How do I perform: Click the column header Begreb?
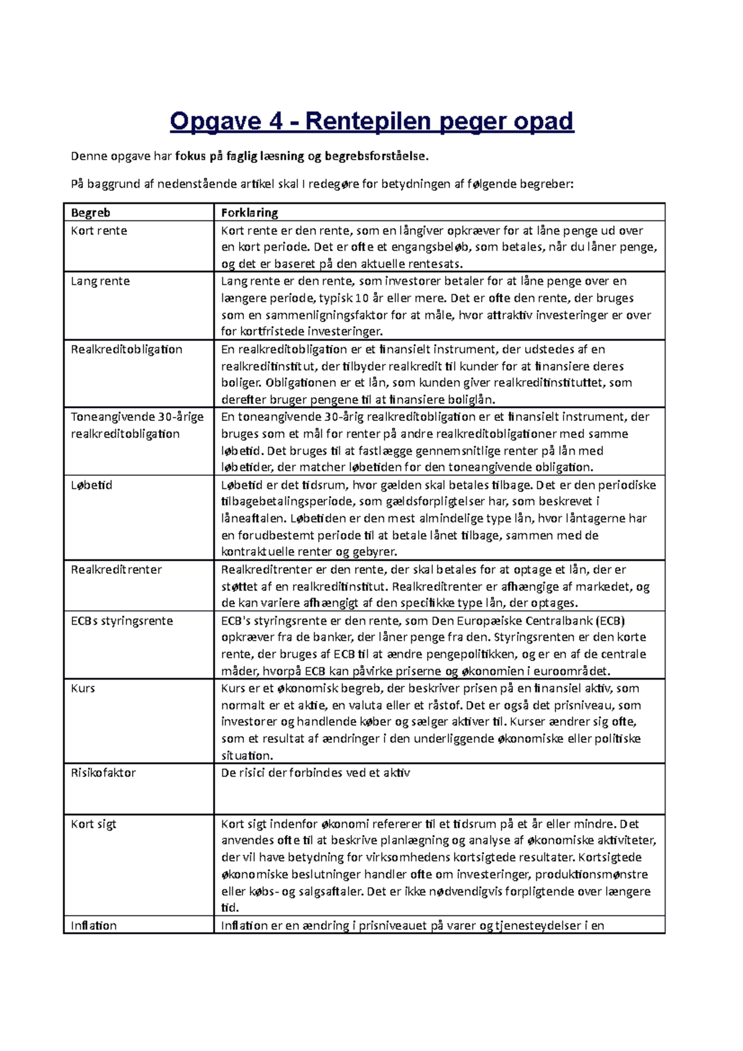pyautogui.click(x=90, y=213)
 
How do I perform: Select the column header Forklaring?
pyautogui.click(x=250, y=213)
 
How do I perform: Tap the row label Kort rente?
pyautogui.click(x=99, y=231)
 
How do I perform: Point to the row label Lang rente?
pyautogui.click(x=100, y=282)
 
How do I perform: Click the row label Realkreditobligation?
pyautogui.click(x=126, y=350)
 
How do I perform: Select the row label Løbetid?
pyautogui.click(x=92, y=485)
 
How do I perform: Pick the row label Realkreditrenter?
pyautogui.click(x=116, y=570)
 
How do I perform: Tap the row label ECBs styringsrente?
pyautogui.click(x=122, y=621)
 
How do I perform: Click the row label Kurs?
pyautogui.click(x=83, y=688)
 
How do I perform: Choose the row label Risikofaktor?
pyautogui.click(x=103, y=773)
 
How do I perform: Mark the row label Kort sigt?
pyautogui.click(x=93, y=824)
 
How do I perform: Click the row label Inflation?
pyautogui.click(x=93, y=926)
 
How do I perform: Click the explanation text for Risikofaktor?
pyautogui.click(x=315, y=773)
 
